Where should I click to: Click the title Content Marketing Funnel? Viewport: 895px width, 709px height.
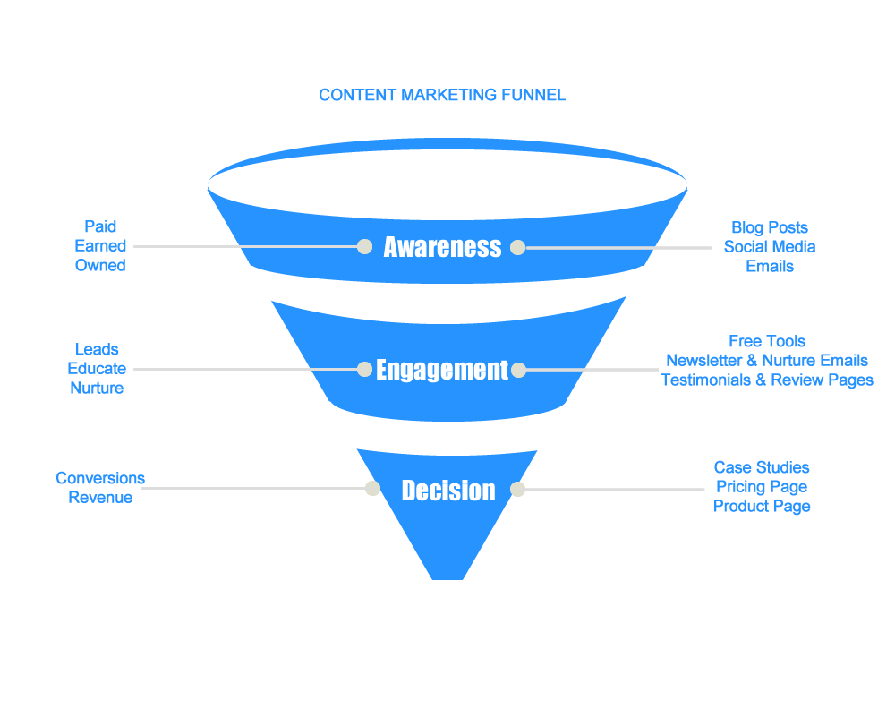click(442, 95)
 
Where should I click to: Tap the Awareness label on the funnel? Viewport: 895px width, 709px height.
click(442, 247)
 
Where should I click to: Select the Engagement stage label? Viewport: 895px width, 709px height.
click(442, 370)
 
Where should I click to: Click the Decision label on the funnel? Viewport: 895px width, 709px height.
click(447, 491)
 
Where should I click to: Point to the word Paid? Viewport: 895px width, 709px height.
click(100, 226)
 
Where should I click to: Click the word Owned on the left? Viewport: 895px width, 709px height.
click(100, 266)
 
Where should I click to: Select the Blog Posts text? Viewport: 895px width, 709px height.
click(770, 227)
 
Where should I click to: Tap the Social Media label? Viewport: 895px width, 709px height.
click(770, 247)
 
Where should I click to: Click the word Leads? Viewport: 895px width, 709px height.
click(97, 349)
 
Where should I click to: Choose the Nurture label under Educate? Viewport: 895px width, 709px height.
click(97, 389)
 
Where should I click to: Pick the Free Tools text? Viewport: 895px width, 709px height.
click(767, 341)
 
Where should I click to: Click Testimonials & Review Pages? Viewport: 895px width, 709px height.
click(767, 380)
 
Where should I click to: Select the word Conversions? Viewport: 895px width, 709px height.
click(100, 478)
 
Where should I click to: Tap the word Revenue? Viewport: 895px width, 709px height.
click(100, 498)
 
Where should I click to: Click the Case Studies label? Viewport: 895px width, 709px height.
click(762, 467)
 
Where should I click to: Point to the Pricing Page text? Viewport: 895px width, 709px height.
click(762, 487)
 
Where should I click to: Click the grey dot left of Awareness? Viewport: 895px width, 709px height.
click(364, 246)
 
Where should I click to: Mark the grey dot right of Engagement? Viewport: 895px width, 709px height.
click(518, 370)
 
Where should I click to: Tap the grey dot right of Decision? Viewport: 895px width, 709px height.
click(517, 489)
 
